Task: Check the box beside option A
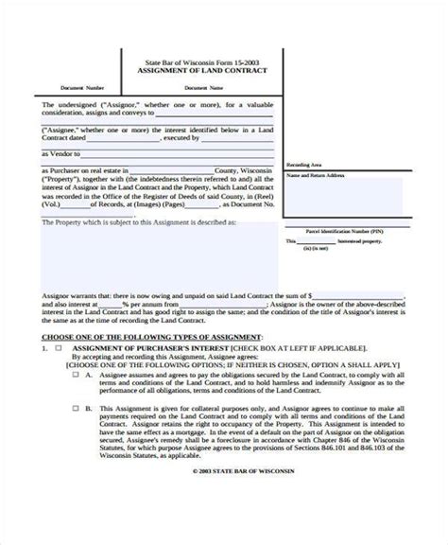[x=77, y=373]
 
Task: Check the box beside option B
[x=77, y=410]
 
